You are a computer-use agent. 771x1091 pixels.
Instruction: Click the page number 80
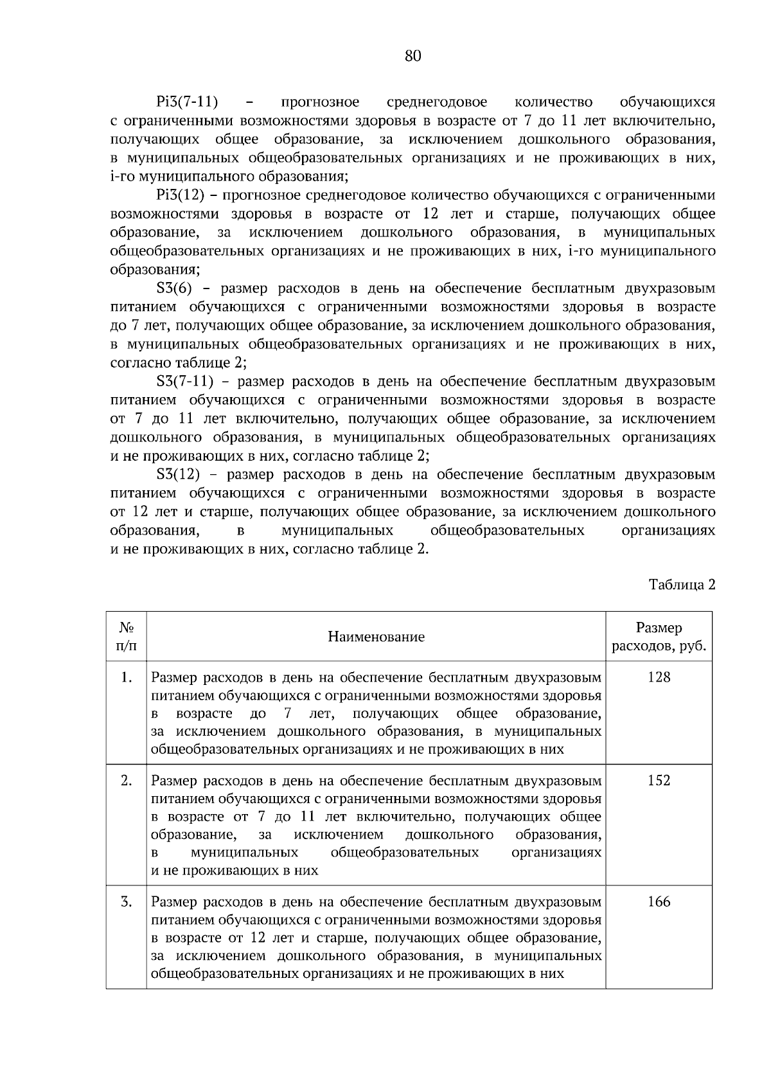click(413, 57)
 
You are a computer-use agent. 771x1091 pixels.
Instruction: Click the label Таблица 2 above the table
click(682, 585)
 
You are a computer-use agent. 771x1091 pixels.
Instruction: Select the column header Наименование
click(376, 637)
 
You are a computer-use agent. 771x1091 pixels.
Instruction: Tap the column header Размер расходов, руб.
click(659, 637)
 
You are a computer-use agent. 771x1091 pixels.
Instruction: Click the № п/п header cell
click(126, 637)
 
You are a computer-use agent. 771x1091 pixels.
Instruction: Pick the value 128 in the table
click(659, 677)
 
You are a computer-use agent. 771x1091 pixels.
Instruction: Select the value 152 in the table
click(659, 781)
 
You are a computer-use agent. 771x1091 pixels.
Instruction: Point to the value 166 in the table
click(659, 902)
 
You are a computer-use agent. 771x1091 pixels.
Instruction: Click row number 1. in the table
click(127, 677)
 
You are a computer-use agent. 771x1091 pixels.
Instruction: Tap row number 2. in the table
click(127, 781)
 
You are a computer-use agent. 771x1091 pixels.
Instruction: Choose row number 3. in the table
click(127, 902)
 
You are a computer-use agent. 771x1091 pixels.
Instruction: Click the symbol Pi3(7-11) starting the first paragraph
click(187, 102)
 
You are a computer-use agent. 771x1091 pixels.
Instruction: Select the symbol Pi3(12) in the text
click(179, 195)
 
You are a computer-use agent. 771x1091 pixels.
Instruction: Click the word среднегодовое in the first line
click(437, 102)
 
